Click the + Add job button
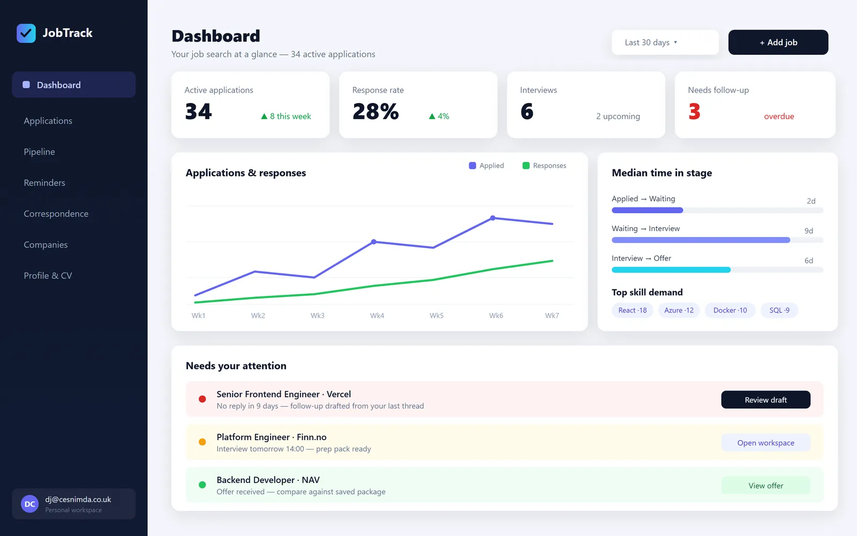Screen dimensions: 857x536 point(778,42)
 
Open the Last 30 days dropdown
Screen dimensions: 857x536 point(665,42)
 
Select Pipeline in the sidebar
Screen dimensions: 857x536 point(40,152)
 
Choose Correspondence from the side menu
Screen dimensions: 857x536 point(56,214)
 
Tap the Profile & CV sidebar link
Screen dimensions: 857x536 point(48,276)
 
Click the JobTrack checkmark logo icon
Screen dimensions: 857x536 point(26,33)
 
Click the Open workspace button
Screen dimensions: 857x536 point(765,443)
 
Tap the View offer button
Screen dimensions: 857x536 point(765,486)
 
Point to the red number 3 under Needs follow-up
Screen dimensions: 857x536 point(694,111)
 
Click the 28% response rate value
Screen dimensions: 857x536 point(375,111)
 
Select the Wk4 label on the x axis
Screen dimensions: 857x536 point(377,316)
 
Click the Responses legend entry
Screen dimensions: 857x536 point(544,166)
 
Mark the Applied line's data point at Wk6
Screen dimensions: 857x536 point(493,218)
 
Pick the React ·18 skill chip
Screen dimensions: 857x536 point(633,310)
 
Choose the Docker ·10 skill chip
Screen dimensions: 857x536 point(730,310)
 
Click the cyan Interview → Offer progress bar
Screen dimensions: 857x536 point(671,270)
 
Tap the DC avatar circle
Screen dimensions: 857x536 point(30,504)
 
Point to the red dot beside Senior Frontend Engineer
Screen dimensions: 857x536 point(202,399)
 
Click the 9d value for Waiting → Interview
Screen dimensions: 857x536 point(808,231)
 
